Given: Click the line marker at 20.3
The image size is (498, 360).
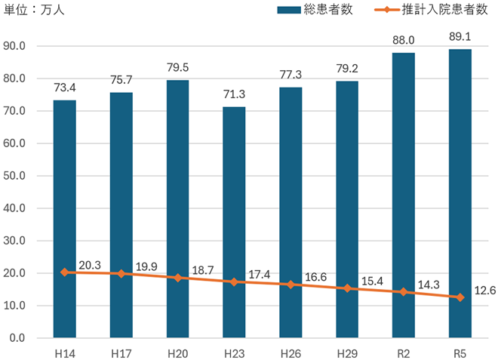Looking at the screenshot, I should [x=65, y=272].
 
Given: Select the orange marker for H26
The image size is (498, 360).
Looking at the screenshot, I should [x=290, y=284].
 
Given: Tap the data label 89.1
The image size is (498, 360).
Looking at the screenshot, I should [x=460, y=34].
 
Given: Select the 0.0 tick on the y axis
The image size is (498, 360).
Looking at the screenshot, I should [x=17, y=338].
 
